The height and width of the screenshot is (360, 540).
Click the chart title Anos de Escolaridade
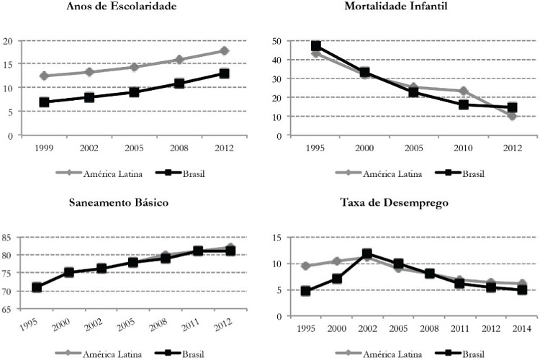tap(127, 8)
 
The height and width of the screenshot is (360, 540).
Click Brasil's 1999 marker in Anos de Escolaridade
tap(45, 102)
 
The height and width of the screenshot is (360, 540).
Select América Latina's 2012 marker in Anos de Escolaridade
tap(224, 50)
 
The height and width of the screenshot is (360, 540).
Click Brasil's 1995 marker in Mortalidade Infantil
tap(315, 46)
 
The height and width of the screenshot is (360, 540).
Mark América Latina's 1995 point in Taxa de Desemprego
tap(305, 266)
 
